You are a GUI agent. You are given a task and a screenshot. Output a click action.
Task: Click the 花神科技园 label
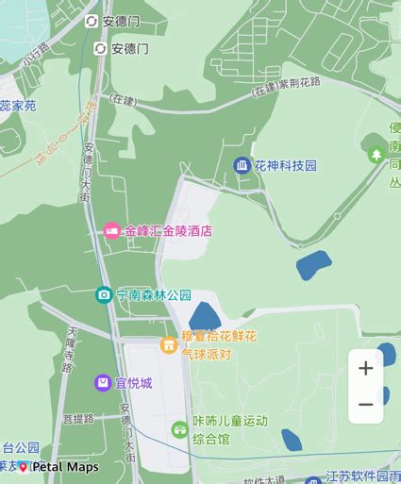coord(286,166)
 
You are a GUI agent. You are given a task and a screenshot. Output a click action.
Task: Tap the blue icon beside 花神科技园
coord(242,166)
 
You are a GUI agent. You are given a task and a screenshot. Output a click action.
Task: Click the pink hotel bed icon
coord(111,230)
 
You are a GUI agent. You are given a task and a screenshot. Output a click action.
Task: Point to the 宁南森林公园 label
coord(154,295)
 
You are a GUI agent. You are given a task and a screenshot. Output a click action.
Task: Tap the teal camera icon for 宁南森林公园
coord(103,295)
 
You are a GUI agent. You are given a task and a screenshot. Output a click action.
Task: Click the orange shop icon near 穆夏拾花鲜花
coord(169,344)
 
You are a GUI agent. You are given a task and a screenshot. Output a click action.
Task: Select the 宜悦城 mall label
coord(133,382)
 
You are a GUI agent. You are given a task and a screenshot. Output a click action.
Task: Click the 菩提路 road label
coord(78,418)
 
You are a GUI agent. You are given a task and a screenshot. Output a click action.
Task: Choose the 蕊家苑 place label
coord(17,106)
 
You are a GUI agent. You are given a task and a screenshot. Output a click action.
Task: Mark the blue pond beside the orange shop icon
coord(205,318)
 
